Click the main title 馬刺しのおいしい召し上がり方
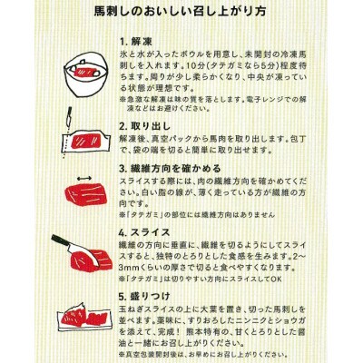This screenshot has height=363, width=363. pos(181,15)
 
